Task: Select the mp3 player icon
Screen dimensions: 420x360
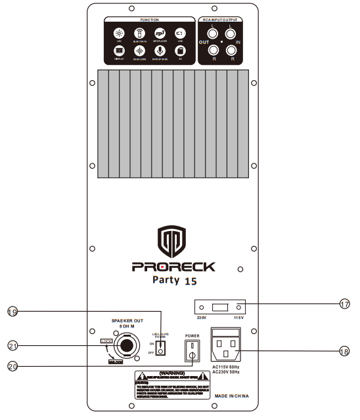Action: tap(159, 32)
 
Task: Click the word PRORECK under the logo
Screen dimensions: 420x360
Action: tap(173, 267)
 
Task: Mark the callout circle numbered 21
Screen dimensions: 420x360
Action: tap(13, 345)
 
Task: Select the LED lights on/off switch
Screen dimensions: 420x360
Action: tap(158, 347)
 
